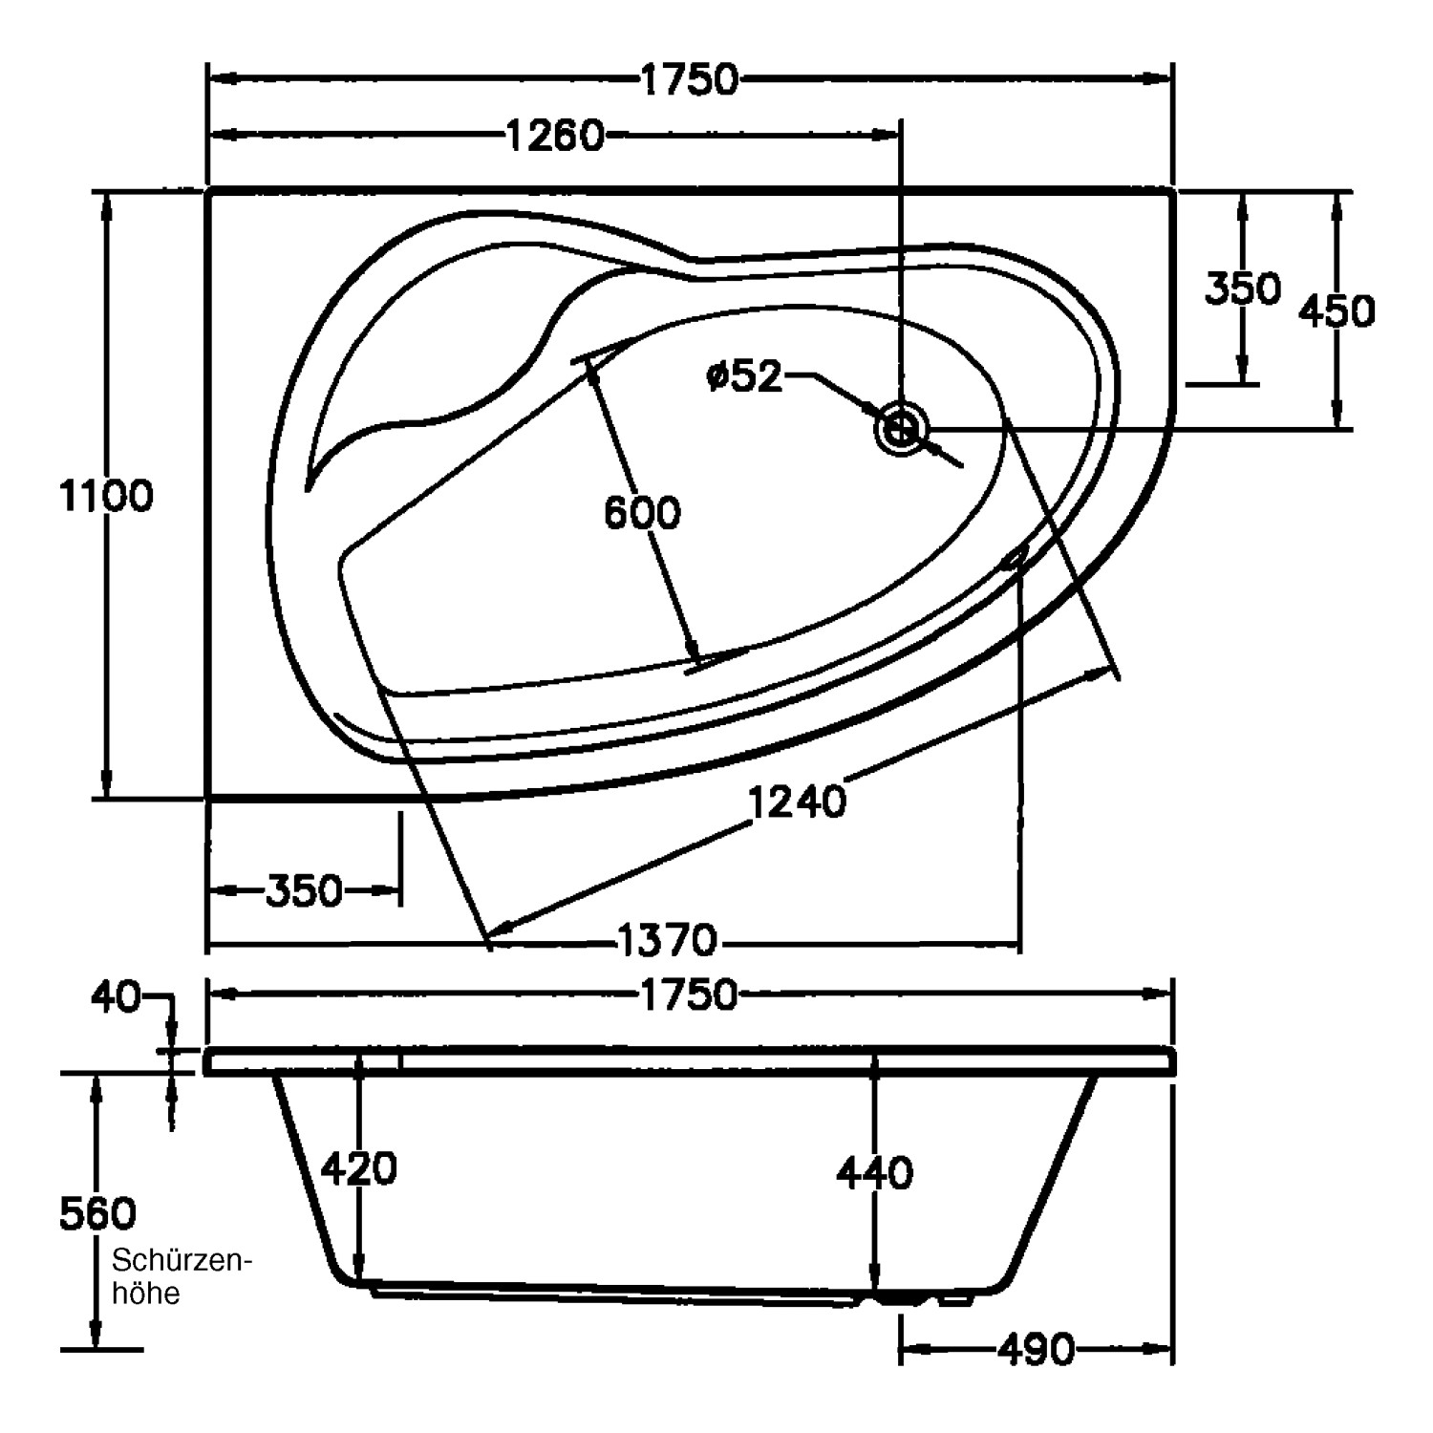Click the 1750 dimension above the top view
(x=689, y=80)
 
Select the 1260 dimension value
(x=554, y=137)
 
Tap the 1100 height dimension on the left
(x=106, y=497)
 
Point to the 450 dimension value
(x=1337, y=311)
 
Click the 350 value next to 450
(x=1241, y=289)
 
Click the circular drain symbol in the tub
(x=900, y=429)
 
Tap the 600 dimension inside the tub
(x=642, y=514)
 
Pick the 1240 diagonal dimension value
(x=798, y=802)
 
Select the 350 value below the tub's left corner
(x=303, y=891)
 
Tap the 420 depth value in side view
(x=359, y=1168)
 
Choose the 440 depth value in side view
(x=874, y=1172)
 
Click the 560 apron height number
(x=98, y=1214)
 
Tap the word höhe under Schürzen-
(x=146, y=1295)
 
